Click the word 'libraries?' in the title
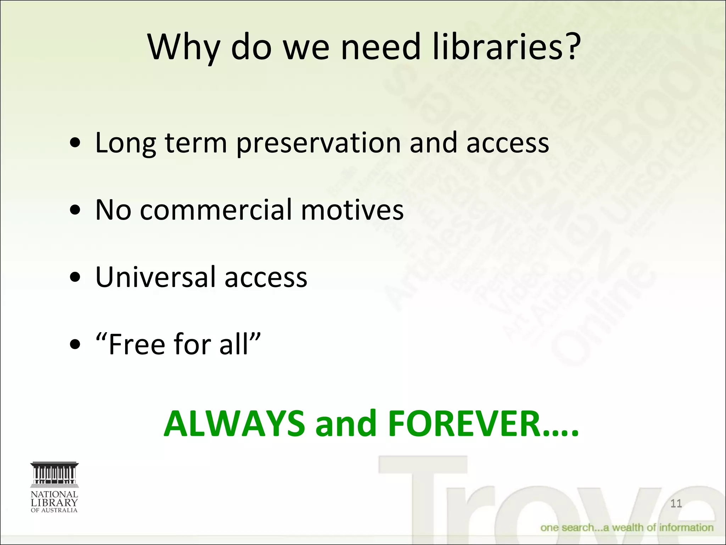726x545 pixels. click(506, 47)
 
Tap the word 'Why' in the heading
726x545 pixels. click(184, 48)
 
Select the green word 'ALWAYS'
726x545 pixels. click(234, 424)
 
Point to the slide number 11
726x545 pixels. click(676, 503)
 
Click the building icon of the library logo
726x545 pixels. click(55, 474)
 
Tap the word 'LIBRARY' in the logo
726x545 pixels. click(54, 502)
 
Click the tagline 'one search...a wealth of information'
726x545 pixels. click(626, 528)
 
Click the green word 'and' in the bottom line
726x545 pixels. click(346, 424)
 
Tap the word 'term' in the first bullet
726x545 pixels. click(196, 143)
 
